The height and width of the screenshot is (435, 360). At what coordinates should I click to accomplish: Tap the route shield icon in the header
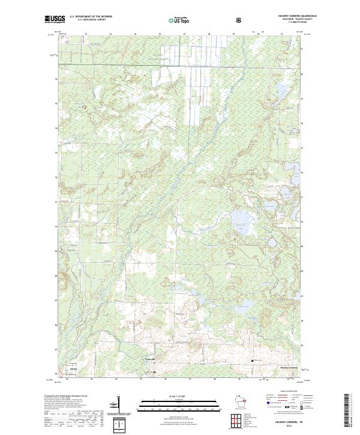(x=240, y=20)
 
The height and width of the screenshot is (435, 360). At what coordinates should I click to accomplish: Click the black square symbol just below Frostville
(x=155, y=372)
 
